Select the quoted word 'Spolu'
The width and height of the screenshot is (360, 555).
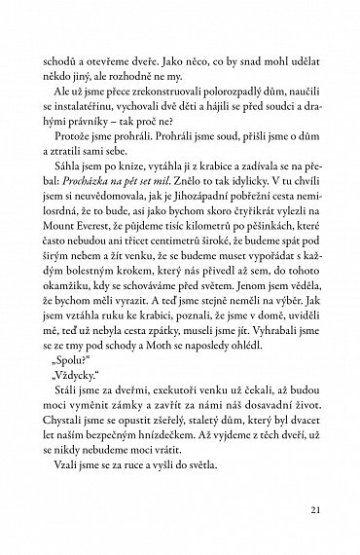73,379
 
